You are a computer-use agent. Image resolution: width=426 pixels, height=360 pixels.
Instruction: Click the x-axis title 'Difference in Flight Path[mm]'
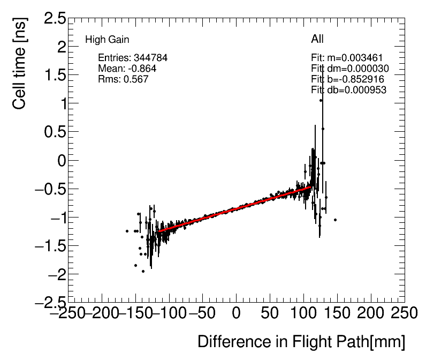pos(301,342)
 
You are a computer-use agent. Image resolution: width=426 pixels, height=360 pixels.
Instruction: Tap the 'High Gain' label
pos(107,40)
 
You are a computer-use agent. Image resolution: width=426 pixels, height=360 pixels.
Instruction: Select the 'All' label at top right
pos(317,39)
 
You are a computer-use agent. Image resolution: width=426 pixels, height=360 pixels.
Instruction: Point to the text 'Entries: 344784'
pos(129,58)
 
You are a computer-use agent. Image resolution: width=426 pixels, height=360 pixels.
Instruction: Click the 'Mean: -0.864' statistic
pos(127,69)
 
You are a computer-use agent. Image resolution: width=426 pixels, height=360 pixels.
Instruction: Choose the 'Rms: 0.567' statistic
pos(123,79)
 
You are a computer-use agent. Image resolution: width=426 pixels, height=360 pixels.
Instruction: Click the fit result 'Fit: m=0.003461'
pos(346,58)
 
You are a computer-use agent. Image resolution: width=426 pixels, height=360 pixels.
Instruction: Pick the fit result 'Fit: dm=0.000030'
pos(349,69)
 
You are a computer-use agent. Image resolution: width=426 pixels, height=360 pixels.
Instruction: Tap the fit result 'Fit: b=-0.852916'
pos(347,79)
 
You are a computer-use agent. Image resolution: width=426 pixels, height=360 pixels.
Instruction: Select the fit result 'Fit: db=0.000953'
pos(348,90)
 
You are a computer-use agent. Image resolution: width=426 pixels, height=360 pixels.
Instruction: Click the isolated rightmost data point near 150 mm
pos(335,220)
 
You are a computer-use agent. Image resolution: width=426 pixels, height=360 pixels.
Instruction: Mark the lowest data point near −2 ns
pos(143,271)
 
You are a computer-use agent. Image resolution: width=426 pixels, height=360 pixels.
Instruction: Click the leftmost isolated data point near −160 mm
pos(127,231)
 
